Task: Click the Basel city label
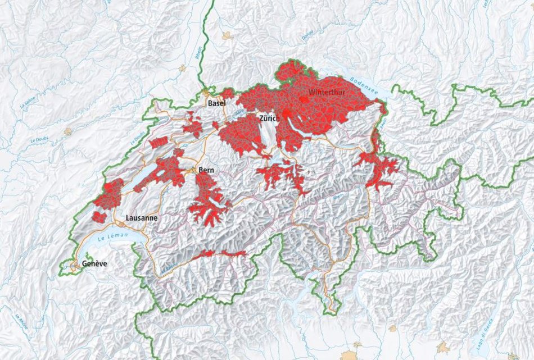[x=216, y=104]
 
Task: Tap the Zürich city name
[x=269, y=119]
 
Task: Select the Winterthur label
[x=327, y=91]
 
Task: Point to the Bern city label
[x=206, y=170]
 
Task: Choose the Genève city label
[x=94, y=263]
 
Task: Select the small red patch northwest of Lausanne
[x=99, y=217]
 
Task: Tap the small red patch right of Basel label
[x=227, y=93]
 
